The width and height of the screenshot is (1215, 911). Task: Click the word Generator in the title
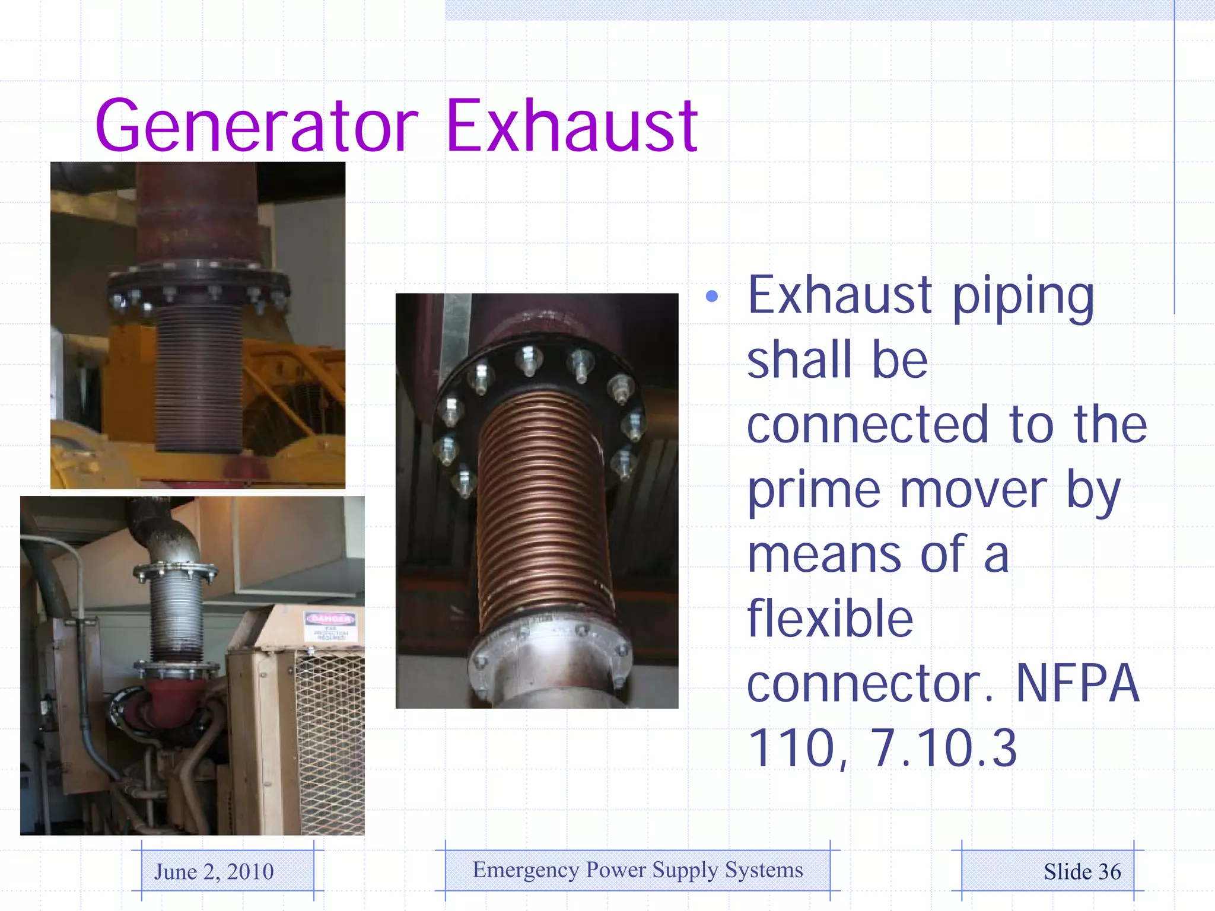pos(256,126)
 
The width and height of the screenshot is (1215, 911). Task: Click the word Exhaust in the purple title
pos(571,126)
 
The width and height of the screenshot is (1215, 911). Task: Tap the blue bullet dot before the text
pos(712,296)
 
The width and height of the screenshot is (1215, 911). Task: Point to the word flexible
pos(829,618)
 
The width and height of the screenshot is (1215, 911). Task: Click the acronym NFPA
pos(1077,683)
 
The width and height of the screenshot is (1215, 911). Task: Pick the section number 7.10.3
pos(943,748)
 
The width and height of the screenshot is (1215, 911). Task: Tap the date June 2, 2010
pos(214,871)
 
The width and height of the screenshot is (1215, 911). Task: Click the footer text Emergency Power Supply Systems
pos(638,870)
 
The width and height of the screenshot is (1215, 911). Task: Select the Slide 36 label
pos(1082,871)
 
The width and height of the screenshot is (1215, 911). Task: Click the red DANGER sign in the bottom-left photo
pos(330,619)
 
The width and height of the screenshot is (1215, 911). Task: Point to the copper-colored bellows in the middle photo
pos(543,510)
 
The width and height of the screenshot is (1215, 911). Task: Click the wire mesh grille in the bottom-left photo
pos(330,741)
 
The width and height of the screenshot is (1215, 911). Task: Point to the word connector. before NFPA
pos(869,683)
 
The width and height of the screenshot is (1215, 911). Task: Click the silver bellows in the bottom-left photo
pos(176,617)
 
